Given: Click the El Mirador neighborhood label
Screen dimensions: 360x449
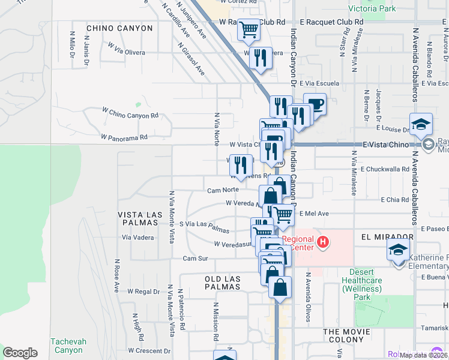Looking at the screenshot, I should (388, 237).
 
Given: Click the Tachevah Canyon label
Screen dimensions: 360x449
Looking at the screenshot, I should (68, 346).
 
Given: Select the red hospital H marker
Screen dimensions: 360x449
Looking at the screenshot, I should (323, 242).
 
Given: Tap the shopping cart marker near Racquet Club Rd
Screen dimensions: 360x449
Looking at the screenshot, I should (249, 29).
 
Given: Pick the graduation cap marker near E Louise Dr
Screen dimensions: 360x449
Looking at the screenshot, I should (421, 124).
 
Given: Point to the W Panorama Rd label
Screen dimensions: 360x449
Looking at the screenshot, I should (124, 137).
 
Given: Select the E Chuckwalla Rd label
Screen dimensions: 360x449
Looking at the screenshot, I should (385, 169).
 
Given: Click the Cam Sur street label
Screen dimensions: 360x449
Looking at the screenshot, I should (195, 258).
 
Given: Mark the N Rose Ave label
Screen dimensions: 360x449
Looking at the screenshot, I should (116, 275).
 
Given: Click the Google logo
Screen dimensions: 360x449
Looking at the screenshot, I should (20, 353).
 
